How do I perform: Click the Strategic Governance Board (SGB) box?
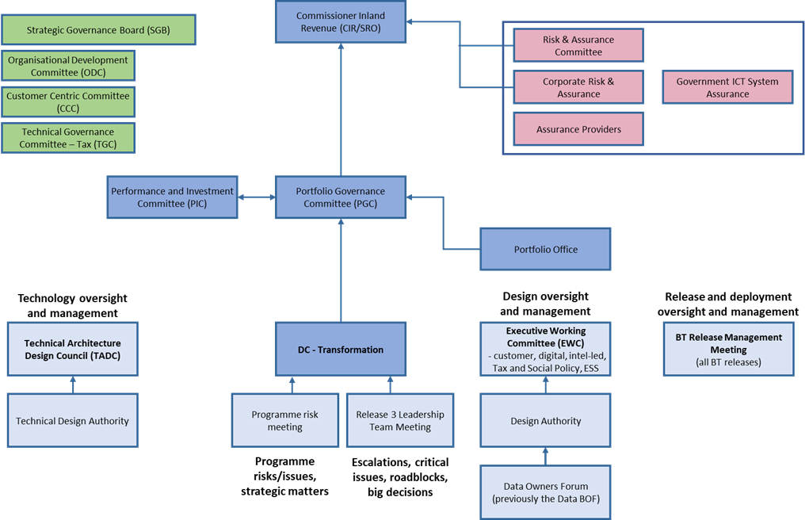97,30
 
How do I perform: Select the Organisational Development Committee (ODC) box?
68,66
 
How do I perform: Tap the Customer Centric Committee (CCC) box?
68,101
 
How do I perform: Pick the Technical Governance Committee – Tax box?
68,138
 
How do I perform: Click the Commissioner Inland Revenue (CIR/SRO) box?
341,21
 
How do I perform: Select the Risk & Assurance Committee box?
578,46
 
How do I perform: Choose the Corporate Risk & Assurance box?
578,87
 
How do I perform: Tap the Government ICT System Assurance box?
727,87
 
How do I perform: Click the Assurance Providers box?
578,129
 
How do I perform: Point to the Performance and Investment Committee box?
172,197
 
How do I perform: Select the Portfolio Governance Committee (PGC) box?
341,197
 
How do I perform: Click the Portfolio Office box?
546,250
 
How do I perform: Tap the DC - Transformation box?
341,350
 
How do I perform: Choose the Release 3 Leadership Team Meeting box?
400,420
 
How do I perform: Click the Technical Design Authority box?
72,421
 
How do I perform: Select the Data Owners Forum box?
546,492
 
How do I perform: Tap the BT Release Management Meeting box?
728,349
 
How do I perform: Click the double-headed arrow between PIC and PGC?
256,197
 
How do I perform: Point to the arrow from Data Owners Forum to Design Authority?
546,457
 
